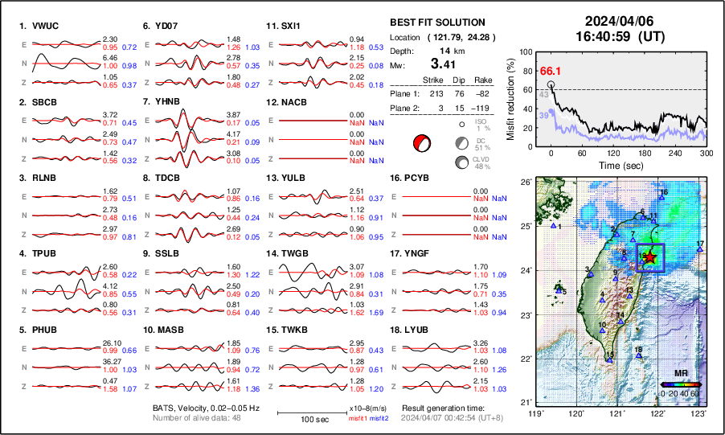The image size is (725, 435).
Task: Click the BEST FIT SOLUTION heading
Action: coord(436,23)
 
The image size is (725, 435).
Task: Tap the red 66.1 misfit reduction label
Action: coord(549,72)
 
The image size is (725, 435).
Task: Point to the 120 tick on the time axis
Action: coord(616,153)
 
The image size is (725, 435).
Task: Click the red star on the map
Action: coord(650,257)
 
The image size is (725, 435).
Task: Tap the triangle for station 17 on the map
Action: coord(701,250)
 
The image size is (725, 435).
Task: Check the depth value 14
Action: coord(443,51)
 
